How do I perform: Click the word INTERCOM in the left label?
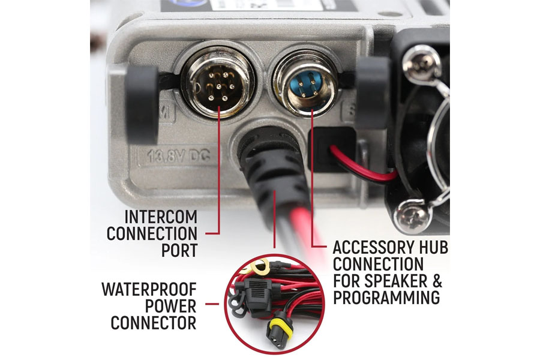click(x=160, y=217)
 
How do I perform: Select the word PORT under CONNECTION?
click(x=179, y=250)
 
